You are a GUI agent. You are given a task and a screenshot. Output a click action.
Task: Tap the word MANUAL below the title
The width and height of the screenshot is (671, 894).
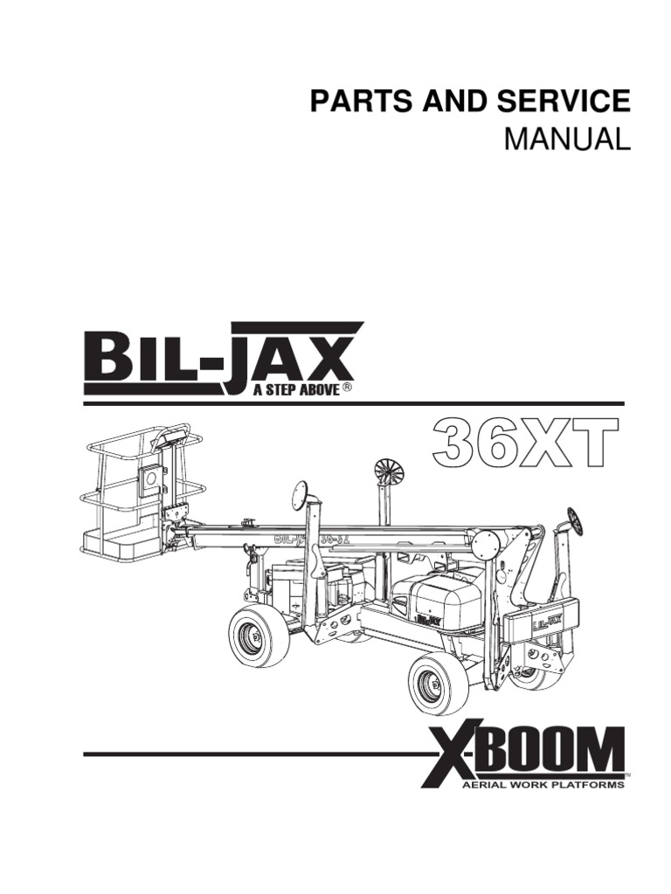(567, 139)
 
